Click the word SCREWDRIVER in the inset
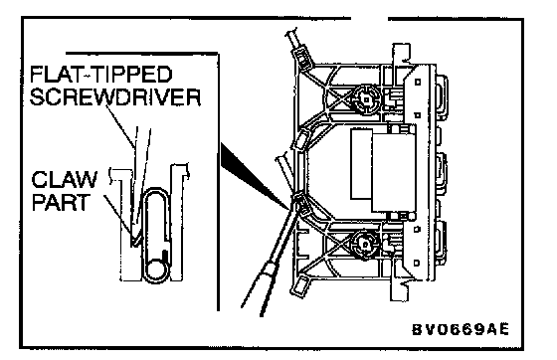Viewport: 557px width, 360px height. (x=115, y=96)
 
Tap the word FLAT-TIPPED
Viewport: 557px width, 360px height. (x=101, y=75)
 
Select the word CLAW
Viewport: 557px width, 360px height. (x=65, y=179)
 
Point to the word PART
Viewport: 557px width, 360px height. (x=60, y=202)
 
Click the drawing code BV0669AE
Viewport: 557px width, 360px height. (x=461, y=329)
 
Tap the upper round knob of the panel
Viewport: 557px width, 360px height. (x=366, y=98)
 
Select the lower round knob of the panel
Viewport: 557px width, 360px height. (x=365, y=244)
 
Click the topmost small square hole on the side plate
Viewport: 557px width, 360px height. (x=418, y=82)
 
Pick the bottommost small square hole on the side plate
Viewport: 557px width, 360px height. (x=417, y=264)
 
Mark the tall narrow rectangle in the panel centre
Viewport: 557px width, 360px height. (x=361, y=164)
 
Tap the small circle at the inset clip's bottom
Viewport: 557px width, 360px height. (x=155, y=270)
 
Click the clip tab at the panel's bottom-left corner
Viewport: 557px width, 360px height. (x=299, y=285)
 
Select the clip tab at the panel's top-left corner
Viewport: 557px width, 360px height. (x=302, y=56)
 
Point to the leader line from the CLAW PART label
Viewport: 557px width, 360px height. (x=117, y=215)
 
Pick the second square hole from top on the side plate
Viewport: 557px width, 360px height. (x=418, y=115)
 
